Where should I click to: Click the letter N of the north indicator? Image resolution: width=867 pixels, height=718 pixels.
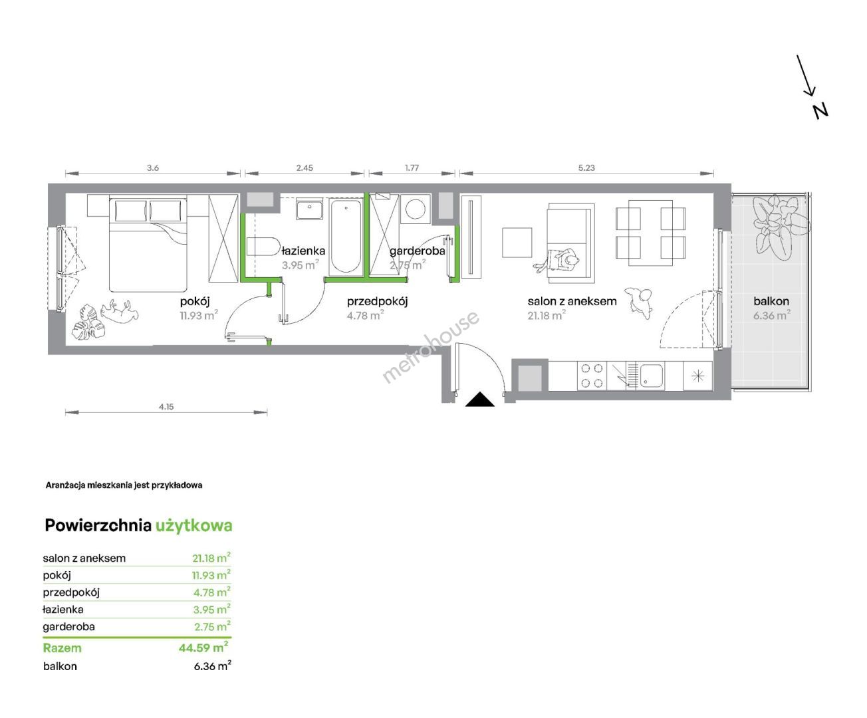820,111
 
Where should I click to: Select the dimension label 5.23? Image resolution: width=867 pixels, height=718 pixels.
586,168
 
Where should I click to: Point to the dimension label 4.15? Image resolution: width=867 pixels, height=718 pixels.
166,407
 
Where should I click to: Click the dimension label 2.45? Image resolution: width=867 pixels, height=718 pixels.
305,168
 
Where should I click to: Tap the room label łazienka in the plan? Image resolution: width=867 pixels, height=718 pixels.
303,251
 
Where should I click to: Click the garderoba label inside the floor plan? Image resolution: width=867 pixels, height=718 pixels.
417,251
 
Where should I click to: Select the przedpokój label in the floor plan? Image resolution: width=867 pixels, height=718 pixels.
377,301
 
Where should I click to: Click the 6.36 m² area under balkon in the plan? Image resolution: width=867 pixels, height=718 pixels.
771,315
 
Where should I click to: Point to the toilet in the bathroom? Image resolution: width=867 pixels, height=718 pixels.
263,246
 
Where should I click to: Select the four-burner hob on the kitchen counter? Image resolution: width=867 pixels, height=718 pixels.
592,376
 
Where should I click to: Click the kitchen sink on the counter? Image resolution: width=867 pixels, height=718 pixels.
651,376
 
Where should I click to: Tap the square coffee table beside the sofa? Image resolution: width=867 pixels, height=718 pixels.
517,243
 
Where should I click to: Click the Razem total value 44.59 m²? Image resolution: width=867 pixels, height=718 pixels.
203,648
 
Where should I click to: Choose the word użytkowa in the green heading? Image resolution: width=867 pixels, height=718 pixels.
194,526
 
